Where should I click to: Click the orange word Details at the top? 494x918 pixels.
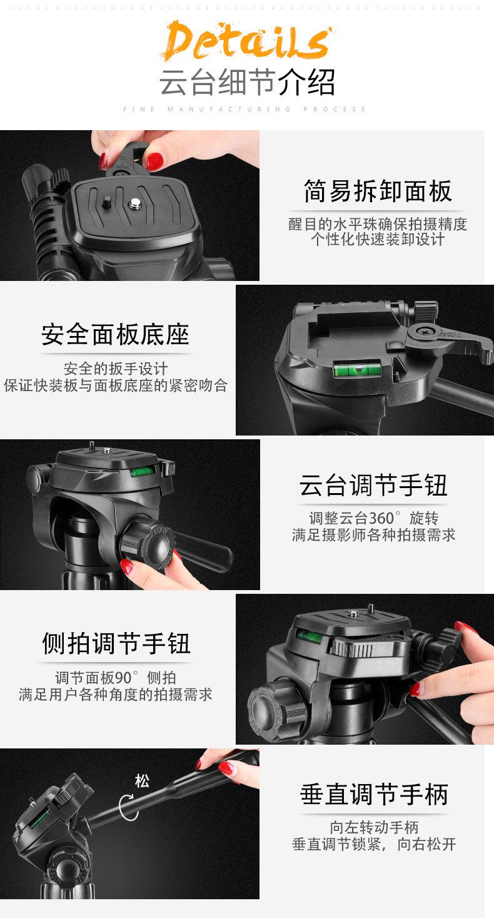(x=247, y=40)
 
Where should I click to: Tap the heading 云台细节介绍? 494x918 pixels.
(x=247, y=83)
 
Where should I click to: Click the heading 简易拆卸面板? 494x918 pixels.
(x=378, y=191)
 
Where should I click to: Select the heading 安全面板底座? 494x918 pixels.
(x=115, y=334)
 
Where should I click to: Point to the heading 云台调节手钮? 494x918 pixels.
(x=373, y=485)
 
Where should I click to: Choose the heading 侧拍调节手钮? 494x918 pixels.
(x=116, y=643)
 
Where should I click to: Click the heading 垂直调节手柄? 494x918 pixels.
(x=374, y=794)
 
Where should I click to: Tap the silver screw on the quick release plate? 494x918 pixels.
(x=135, y=203)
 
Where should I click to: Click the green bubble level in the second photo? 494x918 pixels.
(x=357, y=369)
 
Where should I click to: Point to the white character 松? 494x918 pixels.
(x=142, y=781)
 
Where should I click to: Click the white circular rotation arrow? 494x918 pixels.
(x=128, y=807)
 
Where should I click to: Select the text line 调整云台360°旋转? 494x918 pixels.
(x=373, y=518)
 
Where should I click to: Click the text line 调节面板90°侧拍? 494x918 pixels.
(x=116, y=678)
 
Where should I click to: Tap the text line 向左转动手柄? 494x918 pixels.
(x=374, y=827)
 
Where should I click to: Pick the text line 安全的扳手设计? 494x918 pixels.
(x=116, y=369)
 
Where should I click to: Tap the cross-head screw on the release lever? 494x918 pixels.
(x=422, y=331)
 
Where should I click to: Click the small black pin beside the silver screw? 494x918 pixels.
(x=108, y=201)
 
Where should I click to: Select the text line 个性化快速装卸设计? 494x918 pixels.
(x=378, y=239)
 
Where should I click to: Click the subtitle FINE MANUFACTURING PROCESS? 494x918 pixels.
(x=244, y=109)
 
